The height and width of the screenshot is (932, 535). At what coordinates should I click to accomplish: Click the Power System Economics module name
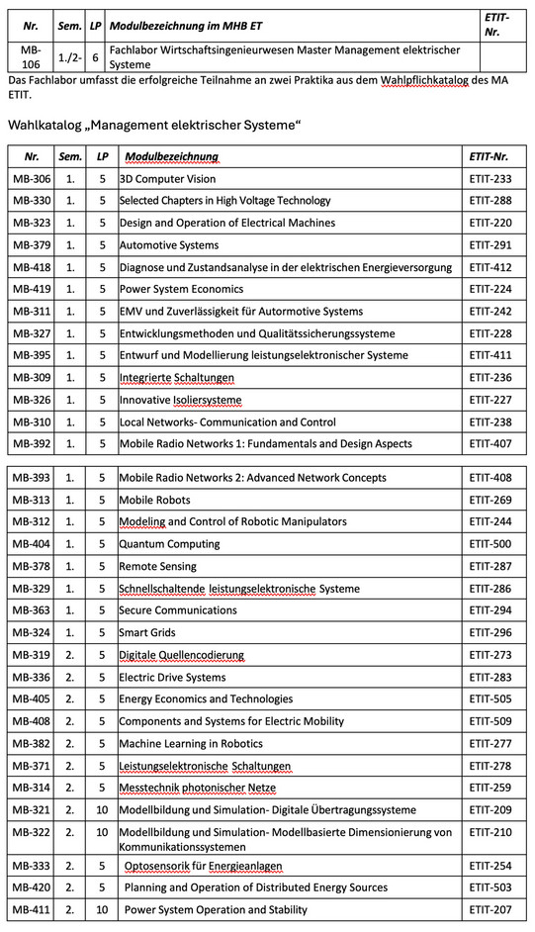tap(181, 289)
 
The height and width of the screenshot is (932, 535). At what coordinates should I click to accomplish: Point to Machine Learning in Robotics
tap(191, 743)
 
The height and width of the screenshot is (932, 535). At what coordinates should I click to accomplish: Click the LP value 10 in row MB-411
tap(102, 909)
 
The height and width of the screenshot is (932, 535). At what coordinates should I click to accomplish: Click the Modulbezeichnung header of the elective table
tap(171, 156)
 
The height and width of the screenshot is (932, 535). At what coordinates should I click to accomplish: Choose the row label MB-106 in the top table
tap(30, 56)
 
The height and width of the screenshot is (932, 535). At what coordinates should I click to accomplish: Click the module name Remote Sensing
tap(158, 566)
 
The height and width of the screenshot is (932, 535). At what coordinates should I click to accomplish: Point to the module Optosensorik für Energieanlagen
tap(203, 866)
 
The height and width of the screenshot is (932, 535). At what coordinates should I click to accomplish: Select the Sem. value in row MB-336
tap(69, 677)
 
